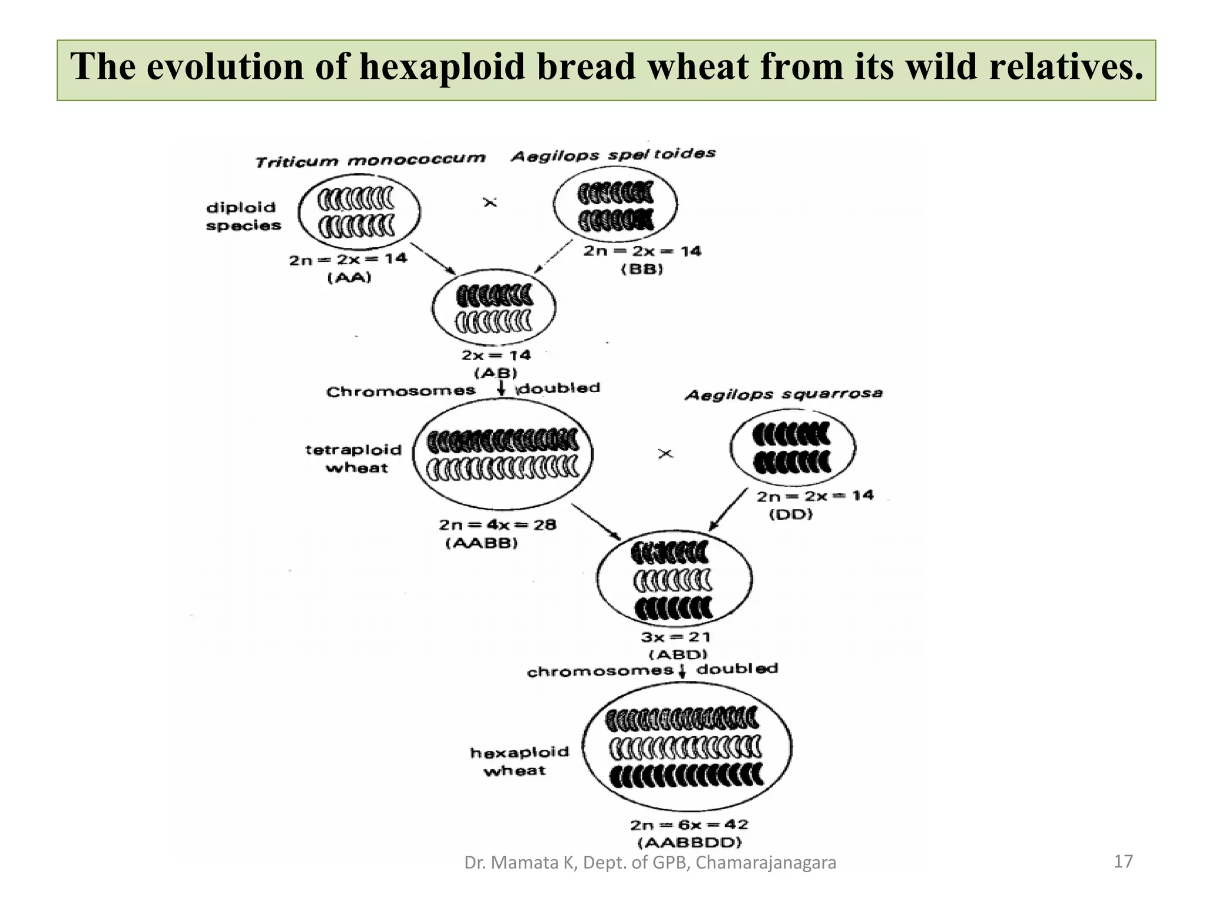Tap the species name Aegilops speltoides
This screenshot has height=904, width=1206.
pyautogui.click(x=613, y=155)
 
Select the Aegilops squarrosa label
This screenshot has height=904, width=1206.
pyautogui.click(x=783, y=394)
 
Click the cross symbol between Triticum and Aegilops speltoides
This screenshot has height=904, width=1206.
pyautogui.click(x=490, y=202)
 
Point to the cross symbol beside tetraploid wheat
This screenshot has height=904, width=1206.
pyautogui.click(x=665, y=454)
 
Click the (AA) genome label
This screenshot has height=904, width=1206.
pyautogui.click(x=349, y=277)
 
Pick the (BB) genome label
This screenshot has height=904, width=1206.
pyautogui.click(x=642, y=269)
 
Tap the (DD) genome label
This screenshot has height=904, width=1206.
pyautogui.click(x=791, y=514)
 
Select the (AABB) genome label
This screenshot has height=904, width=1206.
pyautogui.click(x=481, y=543)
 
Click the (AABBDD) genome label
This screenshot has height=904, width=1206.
pyautogui.click(x=689, y=842)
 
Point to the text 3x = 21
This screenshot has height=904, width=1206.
pyautogui.click(x=676, y=637)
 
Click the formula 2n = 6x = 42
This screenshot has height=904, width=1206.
pyautogui.click(x=689, y=825)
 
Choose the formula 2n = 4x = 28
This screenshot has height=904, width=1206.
pyautogui.click(x=497, y=524)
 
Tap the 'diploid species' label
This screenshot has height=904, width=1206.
pyautogui.click(x=243, y=216)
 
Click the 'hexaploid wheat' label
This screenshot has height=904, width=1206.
pyautogui.click(x=519, y=761)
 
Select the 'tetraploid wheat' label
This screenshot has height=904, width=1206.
pyautogui.click(x=353, y=458)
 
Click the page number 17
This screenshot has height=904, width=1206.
pyautogui.click(x=1123, y=862)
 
